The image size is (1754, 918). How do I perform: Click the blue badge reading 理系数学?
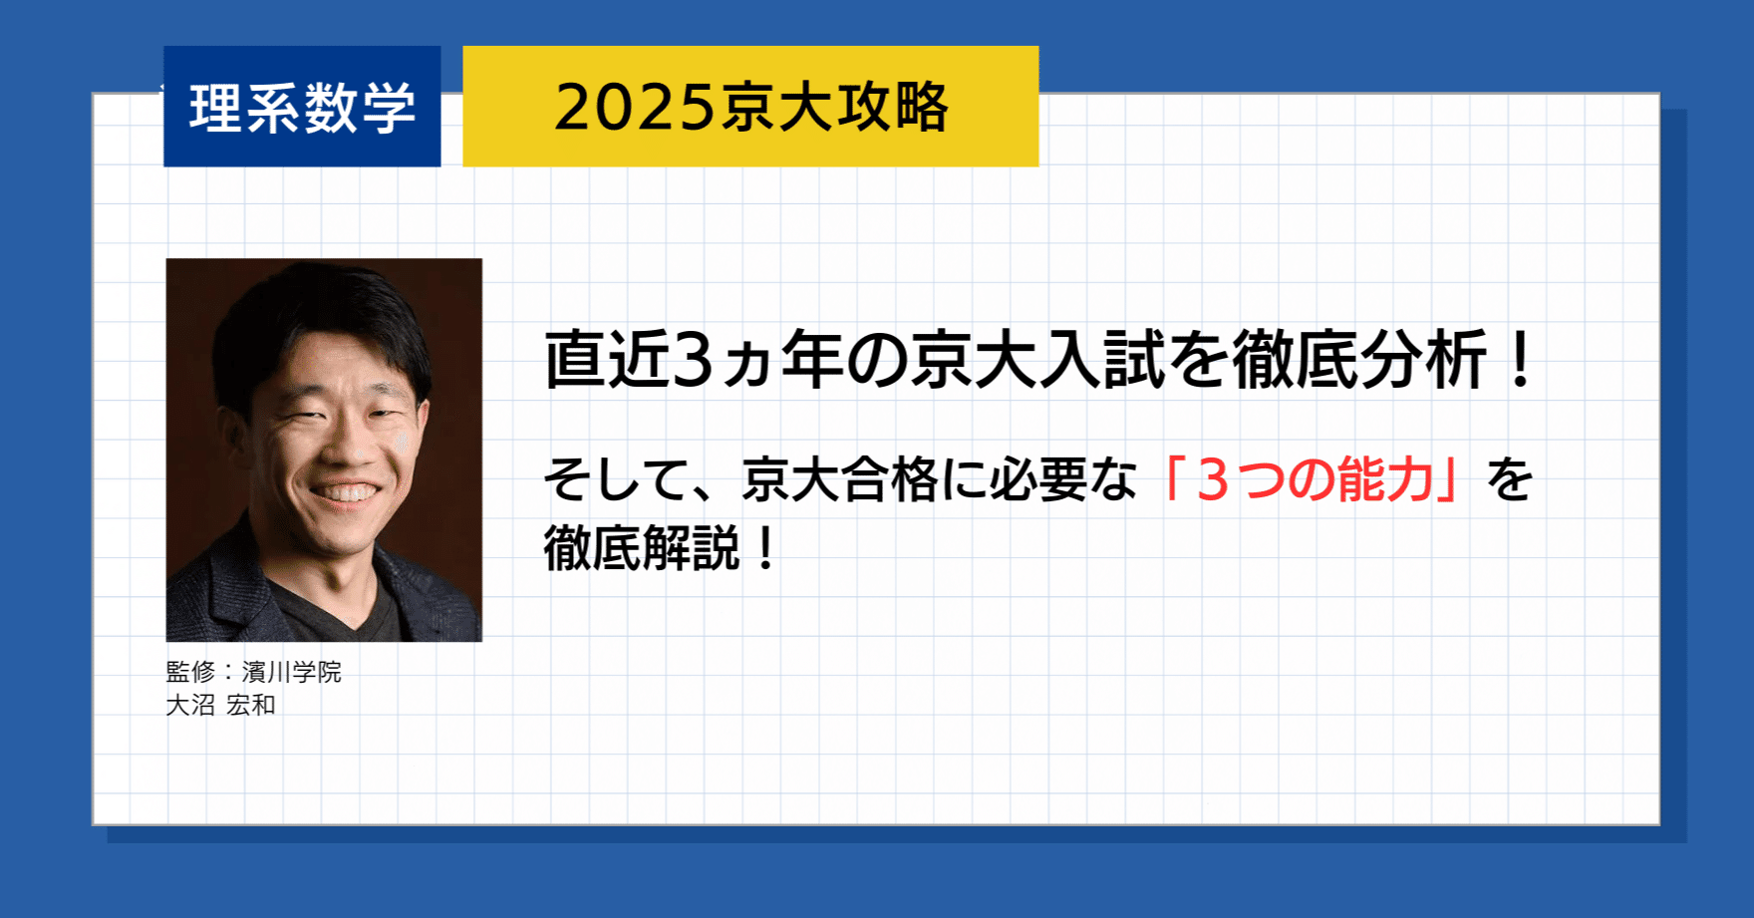[302, 107]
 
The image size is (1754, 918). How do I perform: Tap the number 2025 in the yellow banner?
[636, 108]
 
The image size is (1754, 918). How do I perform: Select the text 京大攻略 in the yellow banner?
[835, 108]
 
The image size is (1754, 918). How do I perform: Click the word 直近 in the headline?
[606, 360]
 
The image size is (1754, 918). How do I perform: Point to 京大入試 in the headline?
[1037, 360]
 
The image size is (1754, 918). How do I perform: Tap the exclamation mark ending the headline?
[1520, 360]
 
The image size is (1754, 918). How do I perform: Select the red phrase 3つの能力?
[1313, 480]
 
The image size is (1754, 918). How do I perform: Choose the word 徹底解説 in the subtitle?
[642, 548]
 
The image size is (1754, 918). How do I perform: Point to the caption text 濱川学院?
[291, 672]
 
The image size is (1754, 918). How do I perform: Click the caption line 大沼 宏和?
[220, 705]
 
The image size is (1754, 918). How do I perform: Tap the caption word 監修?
[190, 672]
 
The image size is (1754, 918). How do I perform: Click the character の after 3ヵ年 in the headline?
[876, 361]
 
